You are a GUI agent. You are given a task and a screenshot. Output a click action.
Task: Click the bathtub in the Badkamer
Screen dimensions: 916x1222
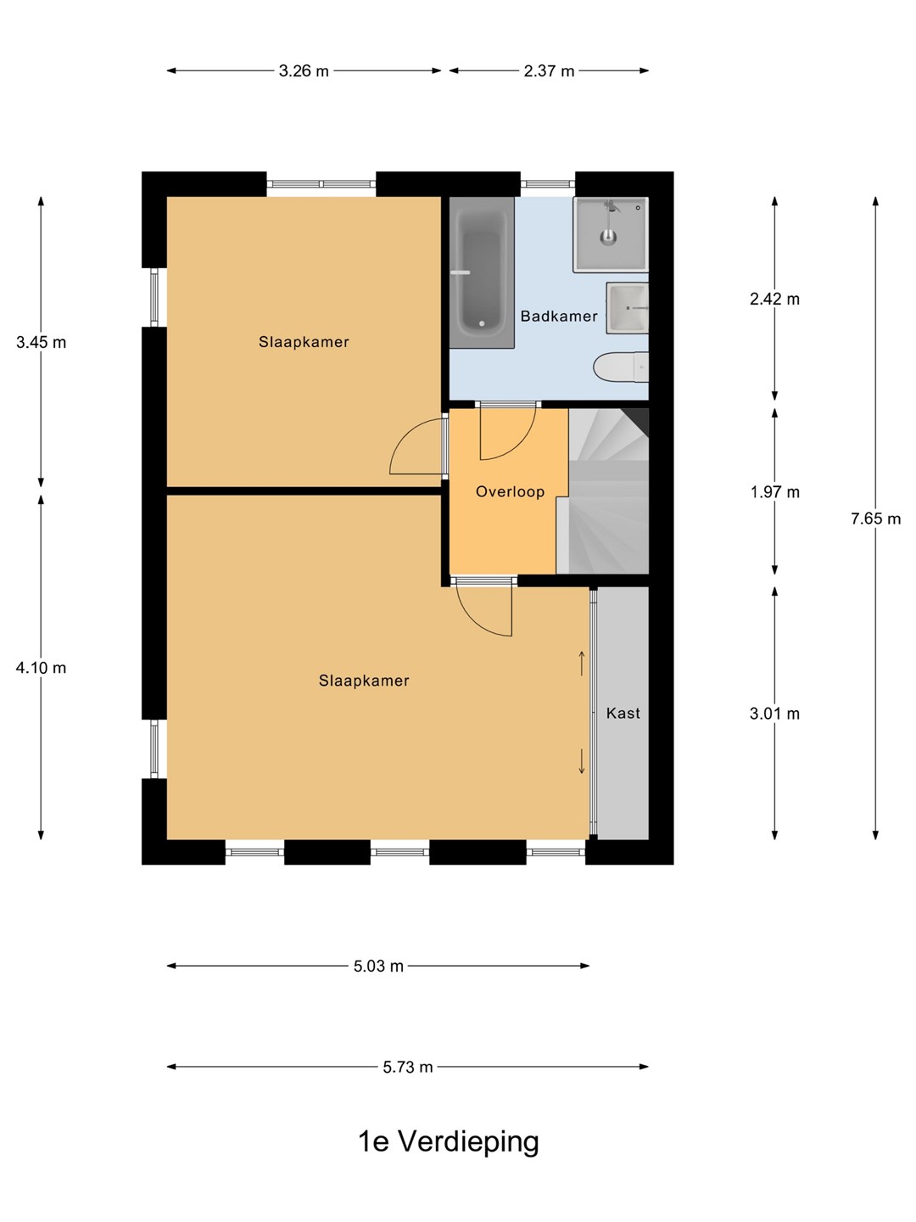(482, 272)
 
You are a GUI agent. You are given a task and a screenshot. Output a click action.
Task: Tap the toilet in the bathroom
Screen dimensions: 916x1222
(621, 367)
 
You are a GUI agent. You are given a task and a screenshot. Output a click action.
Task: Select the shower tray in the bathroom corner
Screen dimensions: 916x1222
(611, 234)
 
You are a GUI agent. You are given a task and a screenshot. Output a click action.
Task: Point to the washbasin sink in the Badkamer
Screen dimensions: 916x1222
(628, 308)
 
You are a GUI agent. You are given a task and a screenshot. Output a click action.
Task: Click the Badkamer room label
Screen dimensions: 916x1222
(559, 317)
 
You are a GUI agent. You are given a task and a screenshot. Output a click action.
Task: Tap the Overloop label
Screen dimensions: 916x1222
(510, 491)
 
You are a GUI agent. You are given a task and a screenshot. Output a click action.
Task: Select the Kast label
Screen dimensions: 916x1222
(623, 713)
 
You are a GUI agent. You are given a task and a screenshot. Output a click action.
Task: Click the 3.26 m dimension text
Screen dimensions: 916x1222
(304, 71)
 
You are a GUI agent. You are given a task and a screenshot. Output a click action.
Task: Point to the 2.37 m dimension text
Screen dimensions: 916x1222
(549, 71)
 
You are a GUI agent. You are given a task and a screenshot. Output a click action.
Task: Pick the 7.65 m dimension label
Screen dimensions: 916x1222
(875, 519)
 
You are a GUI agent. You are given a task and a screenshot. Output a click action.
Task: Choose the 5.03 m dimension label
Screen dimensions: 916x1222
(378, 966)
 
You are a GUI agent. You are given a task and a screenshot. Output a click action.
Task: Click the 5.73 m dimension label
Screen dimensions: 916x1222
(408, 1067)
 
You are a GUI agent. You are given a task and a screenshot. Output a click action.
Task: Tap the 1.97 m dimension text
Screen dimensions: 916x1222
(774, 492)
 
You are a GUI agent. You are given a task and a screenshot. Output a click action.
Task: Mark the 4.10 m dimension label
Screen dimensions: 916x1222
(41, 668)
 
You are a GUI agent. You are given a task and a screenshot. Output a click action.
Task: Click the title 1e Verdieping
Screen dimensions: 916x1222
(449, 1142)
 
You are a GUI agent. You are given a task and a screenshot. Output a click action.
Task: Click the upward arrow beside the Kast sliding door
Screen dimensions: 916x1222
(582, 663)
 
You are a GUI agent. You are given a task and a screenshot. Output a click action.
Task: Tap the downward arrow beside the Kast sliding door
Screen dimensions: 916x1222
(582, 761)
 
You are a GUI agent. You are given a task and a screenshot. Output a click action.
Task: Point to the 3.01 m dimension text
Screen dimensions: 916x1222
(774, 714)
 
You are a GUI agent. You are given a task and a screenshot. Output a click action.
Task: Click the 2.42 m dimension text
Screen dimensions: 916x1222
(774, 300)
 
